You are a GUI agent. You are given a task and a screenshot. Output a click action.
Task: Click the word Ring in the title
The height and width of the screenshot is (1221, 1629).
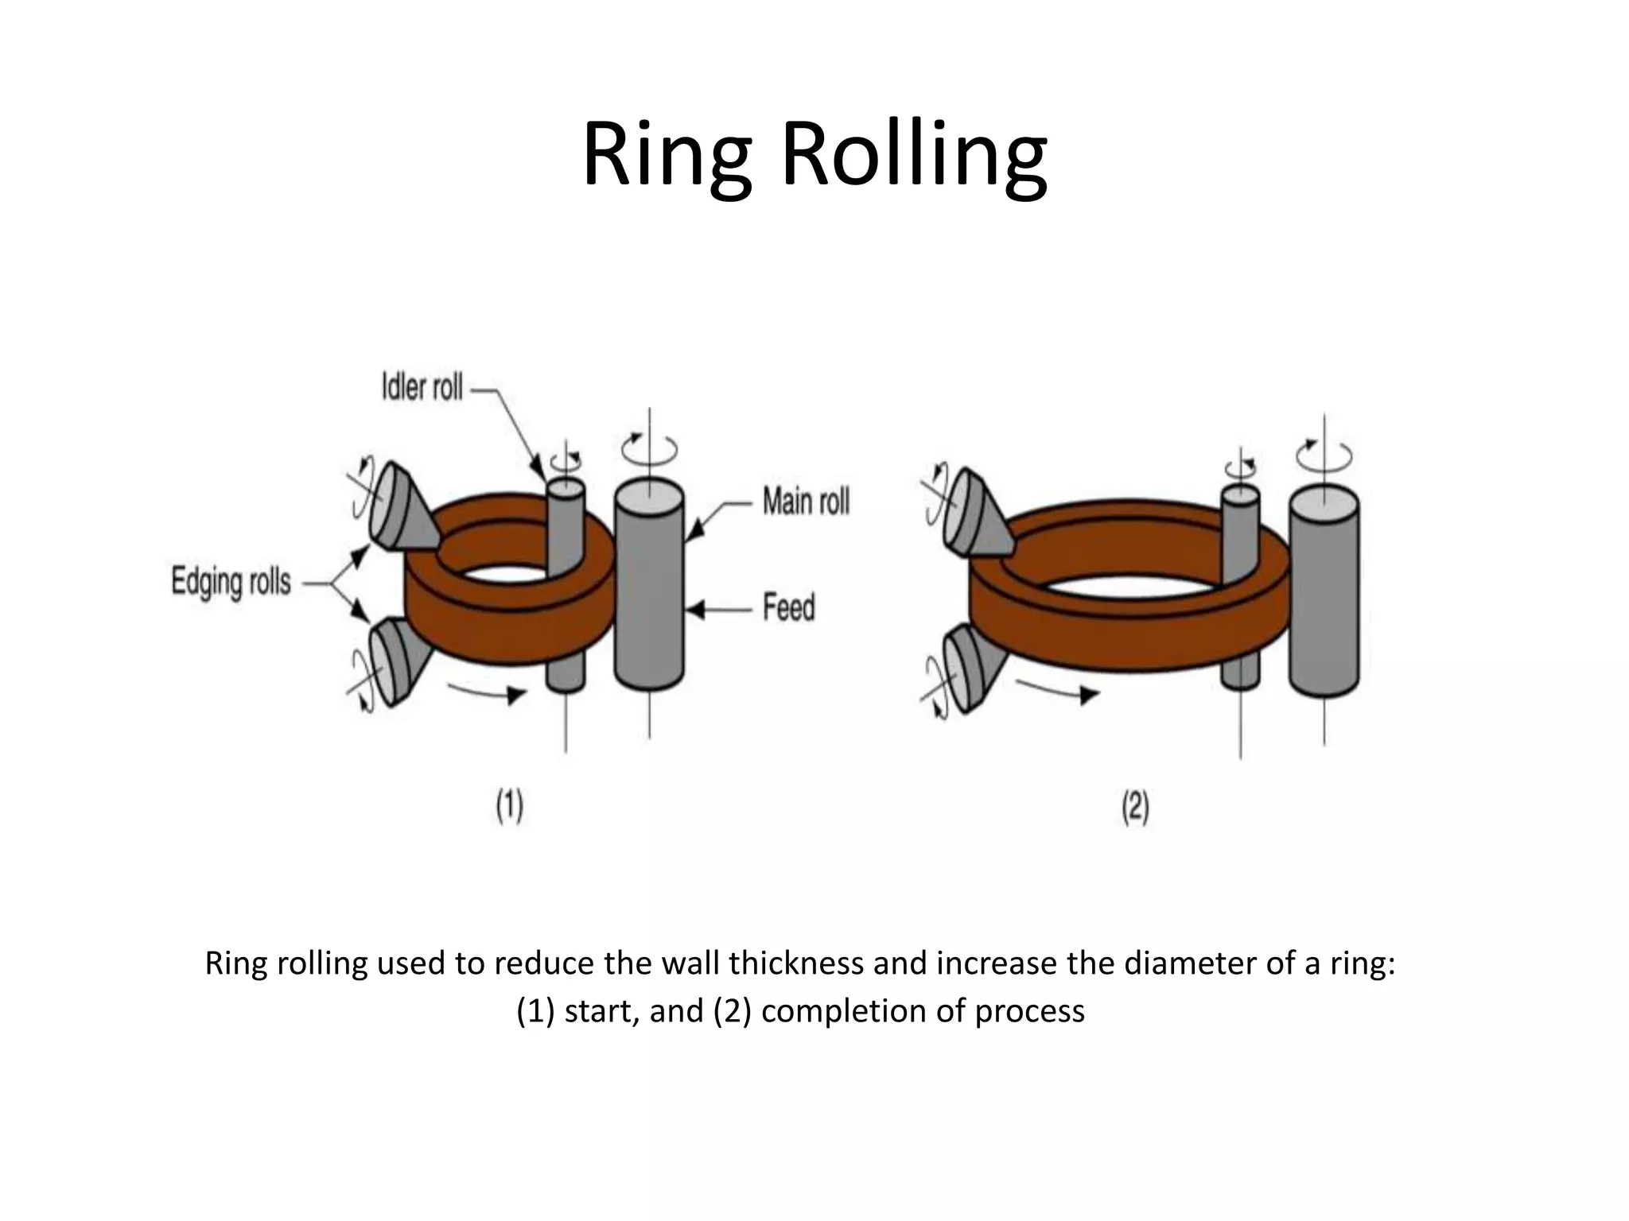(667, 155)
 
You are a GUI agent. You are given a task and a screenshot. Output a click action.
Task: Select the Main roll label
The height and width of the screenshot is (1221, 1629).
(806, 502)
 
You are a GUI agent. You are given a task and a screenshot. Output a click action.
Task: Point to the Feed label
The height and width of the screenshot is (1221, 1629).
(789, 608)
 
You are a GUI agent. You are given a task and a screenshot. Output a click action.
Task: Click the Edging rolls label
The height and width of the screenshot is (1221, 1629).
(231, 583)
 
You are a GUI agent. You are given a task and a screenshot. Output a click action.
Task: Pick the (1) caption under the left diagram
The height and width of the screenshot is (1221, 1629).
(509, 806)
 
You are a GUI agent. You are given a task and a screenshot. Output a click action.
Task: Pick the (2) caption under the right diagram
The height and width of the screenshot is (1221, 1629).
(1135, 808)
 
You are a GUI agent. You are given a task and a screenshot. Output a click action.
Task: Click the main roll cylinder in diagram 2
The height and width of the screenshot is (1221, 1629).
(1324, 592)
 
